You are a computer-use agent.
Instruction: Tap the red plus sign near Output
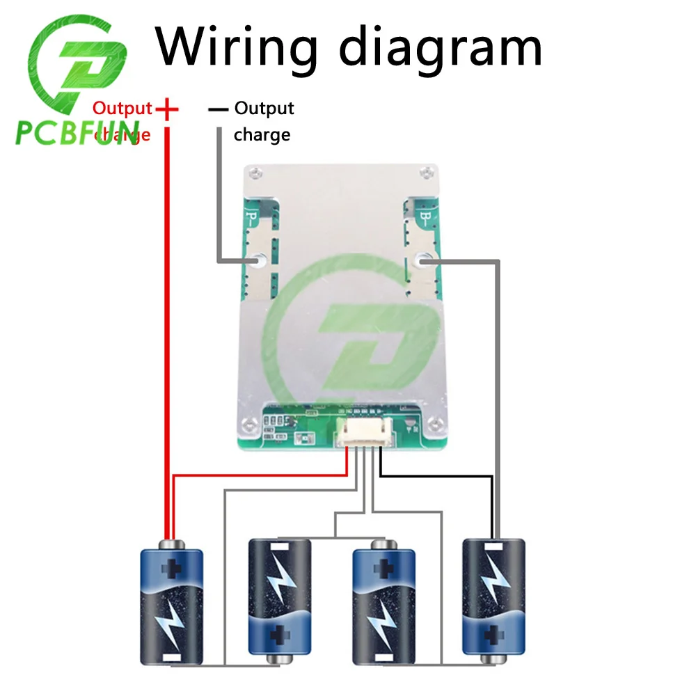[x=167, y=109]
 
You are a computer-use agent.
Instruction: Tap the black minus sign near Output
[x=218, y=109]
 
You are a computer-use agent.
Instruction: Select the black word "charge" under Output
[x=262, y=134]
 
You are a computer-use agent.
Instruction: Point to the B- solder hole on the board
[x=421, y=260]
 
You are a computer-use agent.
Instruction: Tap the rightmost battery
[x=493, y=600]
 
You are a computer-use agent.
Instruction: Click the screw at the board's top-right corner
[x=427, y=169]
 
